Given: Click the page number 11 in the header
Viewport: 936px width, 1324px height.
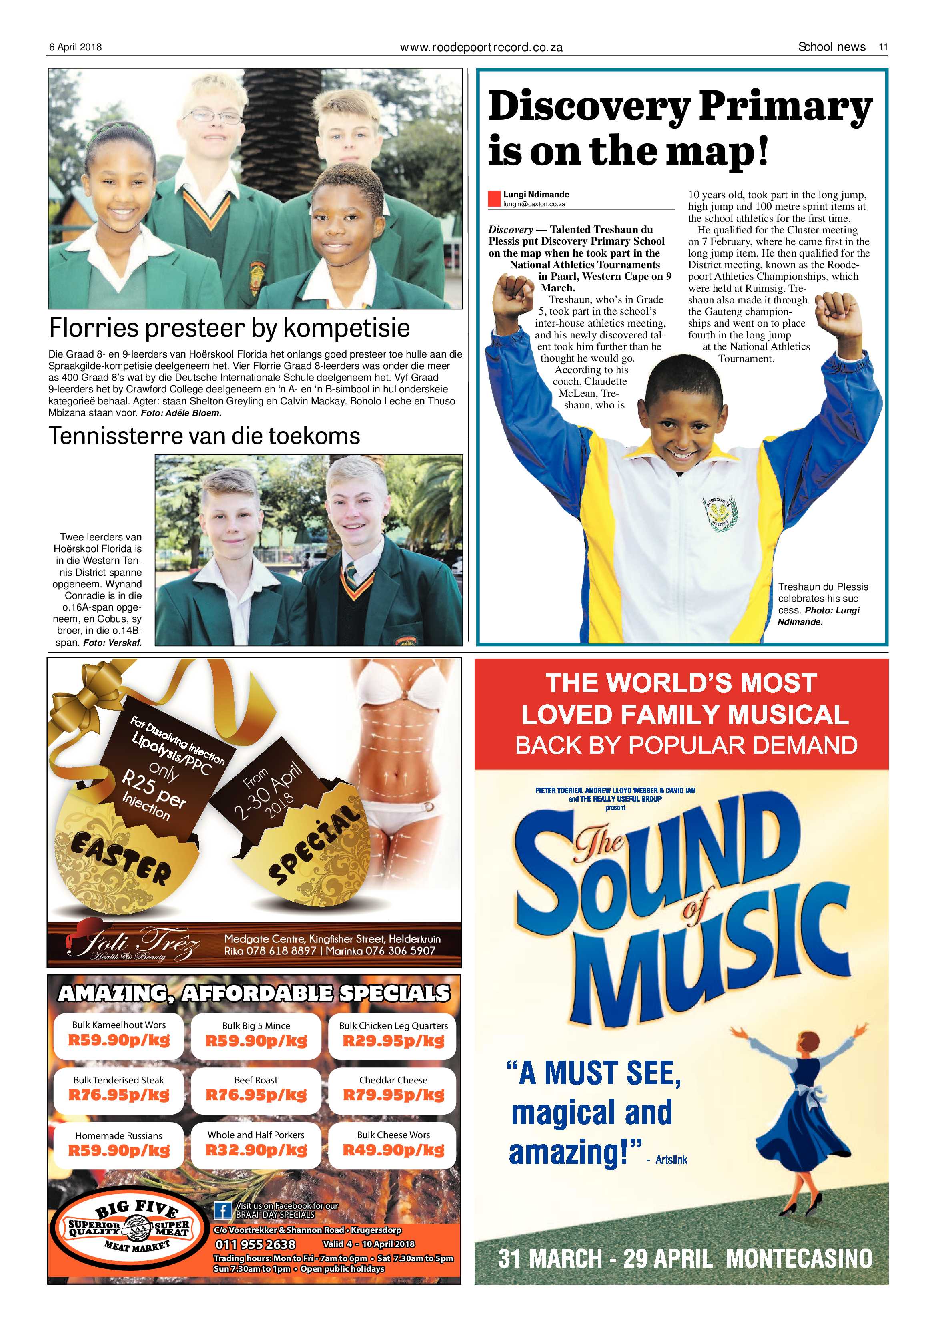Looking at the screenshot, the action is click(x=882, y=47).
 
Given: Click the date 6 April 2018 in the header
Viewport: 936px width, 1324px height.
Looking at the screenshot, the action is click(x=76, y=47).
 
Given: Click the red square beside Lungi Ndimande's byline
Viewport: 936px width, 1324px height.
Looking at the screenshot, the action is click(x=494, y=199).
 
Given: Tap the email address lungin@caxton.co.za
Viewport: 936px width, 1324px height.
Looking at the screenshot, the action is click(x=534, y=204).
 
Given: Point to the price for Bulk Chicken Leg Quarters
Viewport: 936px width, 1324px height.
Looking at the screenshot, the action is click(x=394, y=1041).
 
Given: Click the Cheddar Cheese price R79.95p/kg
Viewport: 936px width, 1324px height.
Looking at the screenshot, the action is click(x=394, y=1095).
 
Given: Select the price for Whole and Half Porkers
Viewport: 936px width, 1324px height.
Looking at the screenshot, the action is click(x=256, y=1150).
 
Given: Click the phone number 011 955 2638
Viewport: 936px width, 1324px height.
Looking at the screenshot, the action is click(x=255, y=1244).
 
